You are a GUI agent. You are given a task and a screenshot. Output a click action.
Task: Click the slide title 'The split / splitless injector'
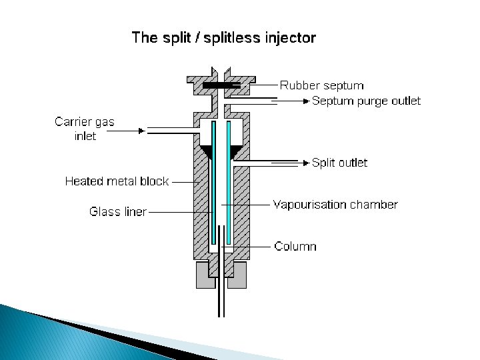tap(224, 37)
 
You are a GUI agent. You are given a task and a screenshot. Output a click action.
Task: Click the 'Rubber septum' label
tap(322, 85)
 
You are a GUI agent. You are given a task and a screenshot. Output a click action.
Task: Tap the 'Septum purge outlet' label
tap(367, 101)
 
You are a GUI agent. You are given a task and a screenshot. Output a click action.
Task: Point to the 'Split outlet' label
tap(339, 163)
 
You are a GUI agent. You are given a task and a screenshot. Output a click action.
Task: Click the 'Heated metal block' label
tap(117, 181)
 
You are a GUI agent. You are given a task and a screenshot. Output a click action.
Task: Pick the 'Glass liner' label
tap(118, 212)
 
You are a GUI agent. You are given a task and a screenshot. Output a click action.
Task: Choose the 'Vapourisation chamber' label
tap(335, 205)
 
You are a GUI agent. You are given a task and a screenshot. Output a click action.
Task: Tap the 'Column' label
tap(295, 247)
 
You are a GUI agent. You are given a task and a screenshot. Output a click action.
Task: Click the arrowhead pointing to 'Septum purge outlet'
tap(306, 101)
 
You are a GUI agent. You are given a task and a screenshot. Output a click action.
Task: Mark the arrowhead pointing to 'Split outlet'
tap(306, 163)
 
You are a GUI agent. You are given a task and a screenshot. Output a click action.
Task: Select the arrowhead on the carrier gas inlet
tap(141, 131)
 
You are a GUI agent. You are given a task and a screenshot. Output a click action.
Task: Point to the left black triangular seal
tap(207, 152)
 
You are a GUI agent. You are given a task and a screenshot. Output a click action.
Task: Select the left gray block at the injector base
tap(203, 275)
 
